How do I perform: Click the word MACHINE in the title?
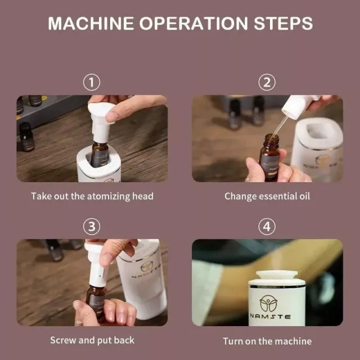click(x=91, y=24)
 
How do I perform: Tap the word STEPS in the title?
click(x=283, y=24)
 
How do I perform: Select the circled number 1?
click(x=92, y=82)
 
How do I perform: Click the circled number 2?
click(x=267, y=82)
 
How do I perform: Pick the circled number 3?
click(x=92, y=227)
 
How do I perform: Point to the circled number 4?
click(x=267, y=227)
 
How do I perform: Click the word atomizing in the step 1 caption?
click(x=109, y=196)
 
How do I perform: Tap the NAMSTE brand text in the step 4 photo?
click(x=270, y=317)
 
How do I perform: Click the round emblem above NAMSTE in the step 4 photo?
click(x=268, y=303)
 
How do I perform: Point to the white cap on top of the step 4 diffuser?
click(x=277, y=275)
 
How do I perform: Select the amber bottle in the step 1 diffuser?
click(x=99, y=154)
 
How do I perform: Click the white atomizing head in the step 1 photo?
click(x=100, y=121)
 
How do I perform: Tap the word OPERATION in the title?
click(x=193, y=24)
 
